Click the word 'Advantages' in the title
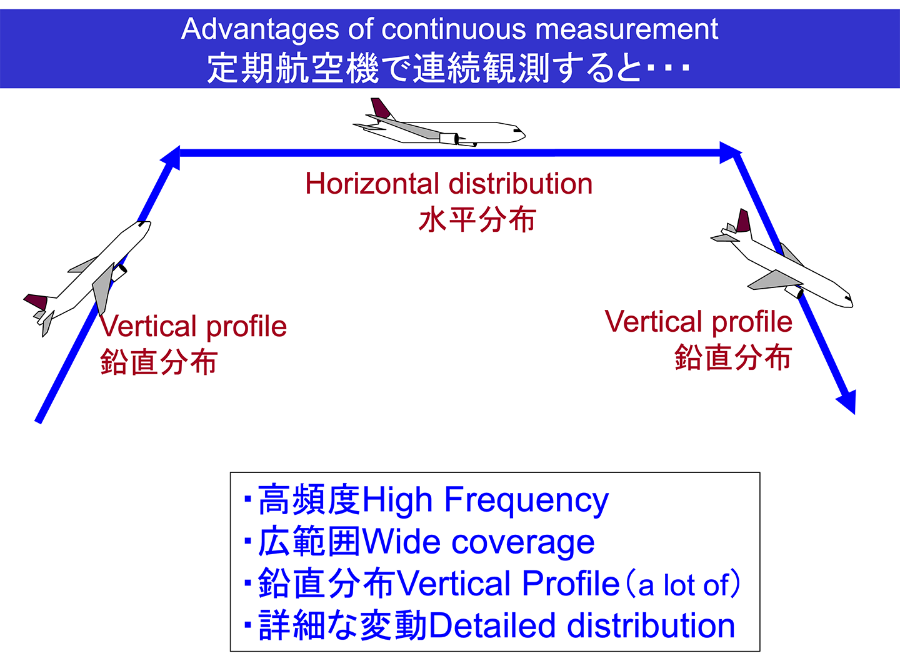point(260,30)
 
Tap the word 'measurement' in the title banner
point(627,29)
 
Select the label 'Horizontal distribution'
point(449,184)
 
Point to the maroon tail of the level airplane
point(381,108)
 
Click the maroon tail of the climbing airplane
point(36,302)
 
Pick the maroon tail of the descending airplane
point(743,221)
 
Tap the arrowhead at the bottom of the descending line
point(846,401)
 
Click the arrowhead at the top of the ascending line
point(171,157)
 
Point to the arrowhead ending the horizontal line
point(731,152)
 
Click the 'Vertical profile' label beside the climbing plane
point(193,326)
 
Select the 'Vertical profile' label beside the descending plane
point(698,322)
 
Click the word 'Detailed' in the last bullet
point(492,625)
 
